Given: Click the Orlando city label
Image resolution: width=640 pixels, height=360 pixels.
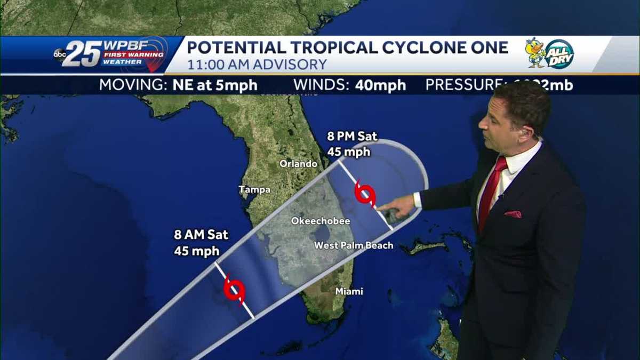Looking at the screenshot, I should tap(298, 164).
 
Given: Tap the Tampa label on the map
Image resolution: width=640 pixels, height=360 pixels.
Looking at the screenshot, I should tap(254, 189).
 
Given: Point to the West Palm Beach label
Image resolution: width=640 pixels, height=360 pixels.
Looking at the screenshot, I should tap(353, 245).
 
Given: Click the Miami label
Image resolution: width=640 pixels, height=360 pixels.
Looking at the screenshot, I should tap(349, 291).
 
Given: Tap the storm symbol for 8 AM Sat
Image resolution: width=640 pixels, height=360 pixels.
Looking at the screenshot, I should tap(234, 290).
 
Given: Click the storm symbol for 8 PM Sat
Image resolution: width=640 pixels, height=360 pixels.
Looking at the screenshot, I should tap(365, 193).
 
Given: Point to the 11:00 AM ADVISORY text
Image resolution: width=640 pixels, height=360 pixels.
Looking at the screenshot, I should tap(257, 65).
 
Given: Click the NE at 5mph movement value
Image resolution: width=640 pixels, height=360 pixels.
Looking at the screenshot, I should tap(215, 85).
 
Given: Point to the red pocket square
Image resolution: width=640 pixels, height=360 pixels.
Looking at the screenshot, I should tap(513, 214).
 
